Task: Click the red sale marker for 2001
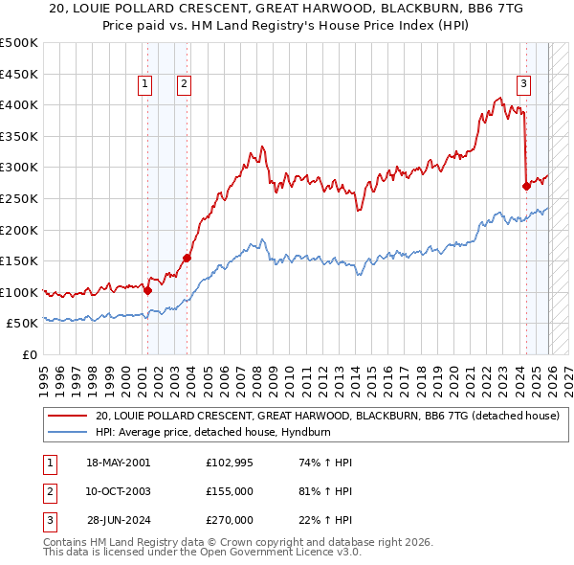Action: coord(147,290)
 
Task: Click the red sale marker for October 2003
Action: coord(187,258)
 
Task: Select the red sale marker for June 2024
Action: coord(526,186)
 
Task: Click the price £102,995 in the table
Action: coord(229,463)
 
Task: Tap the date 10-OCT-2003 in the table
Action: coord(118,491)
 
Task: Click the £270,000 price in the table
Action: coord(229,520)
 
